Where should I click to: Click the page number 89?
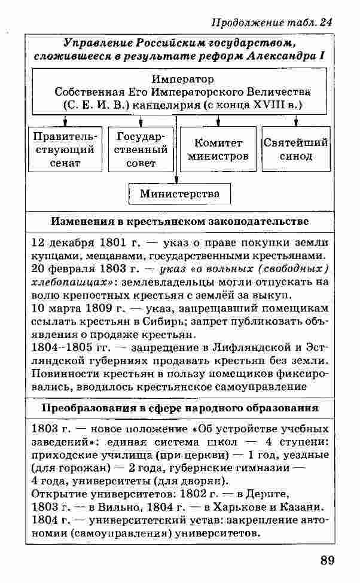(327, 560)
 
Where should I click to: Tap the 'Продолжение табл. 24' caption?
(272, 22)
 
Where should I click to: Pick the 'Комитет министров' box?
(218, 149)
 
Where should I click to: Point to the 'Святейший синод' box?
(295, 149)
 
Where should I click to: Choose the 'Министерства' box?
(179, 194)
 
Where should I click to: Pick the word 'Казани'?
(309, 507)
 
